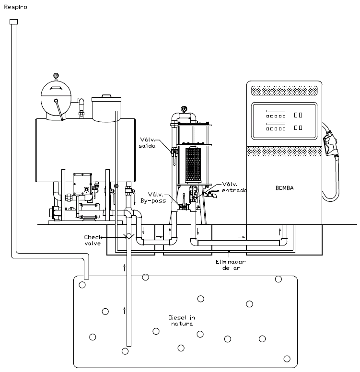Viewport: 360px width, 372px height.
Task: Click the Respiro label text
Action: pyautogui.click(x=16, y=7)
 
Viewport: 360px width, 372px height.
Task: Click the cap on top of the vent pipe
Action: pyautogui.click(x=13, y=22)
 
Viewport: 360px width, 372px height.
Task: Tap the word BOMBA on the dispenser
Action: pyautogui.click(x=285, y=188)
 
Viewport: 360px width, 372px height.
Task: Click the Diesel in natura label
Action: pyautogui.click(x=182, y=321)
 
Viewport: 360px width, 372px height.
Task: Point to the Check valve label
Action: pyautogui.click(x=93, y=240)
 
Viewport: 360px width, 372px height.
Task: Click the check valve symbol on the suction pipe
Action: pyautogui.click(x=128, y=236)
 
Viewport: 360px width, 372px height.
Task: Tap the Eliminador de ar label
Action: pyautogui.click(x=231, y=265)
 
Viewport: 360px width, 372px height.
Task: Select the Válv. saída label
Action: pyautogui.click(x=147, y=143)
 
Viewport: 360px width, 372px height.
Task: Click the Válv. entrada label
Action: pyautogui.click(x=234, y=187)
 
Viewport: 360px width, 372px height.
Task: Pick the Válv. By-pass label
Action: pyautogui.click(x=153, y=198)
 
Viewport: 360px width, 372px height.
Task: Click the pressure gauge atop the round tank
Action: pyautogui.click(x=56, y=76)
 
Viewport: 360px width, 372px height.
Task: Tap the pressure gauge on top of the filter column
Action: pyautogui.click(x=184, y=109)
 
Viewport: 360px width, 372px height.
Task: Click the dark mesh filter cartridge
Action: pyautogui.click(x=193, y=165)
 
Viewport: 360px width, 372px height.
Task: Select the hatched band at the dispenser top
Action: pyautogui.click(x=284, y=91)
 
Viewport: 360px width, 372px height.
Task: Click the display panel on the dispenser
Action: pyautogui.click(x=284, y=121)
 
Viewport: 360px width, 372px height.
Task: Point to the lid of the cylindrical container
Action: pyautogui.click(x=106, y=98)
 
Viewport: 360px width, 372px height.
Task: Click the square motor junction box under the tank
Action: pyautogui.click(x=82, y=184)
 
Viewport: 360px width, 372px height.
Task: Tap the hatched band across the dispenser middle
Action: pyautogui.click(x=284, y=151)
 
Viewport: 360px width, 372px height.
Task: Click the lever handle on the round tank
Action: pyautogui.click(x=59, y=110)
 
